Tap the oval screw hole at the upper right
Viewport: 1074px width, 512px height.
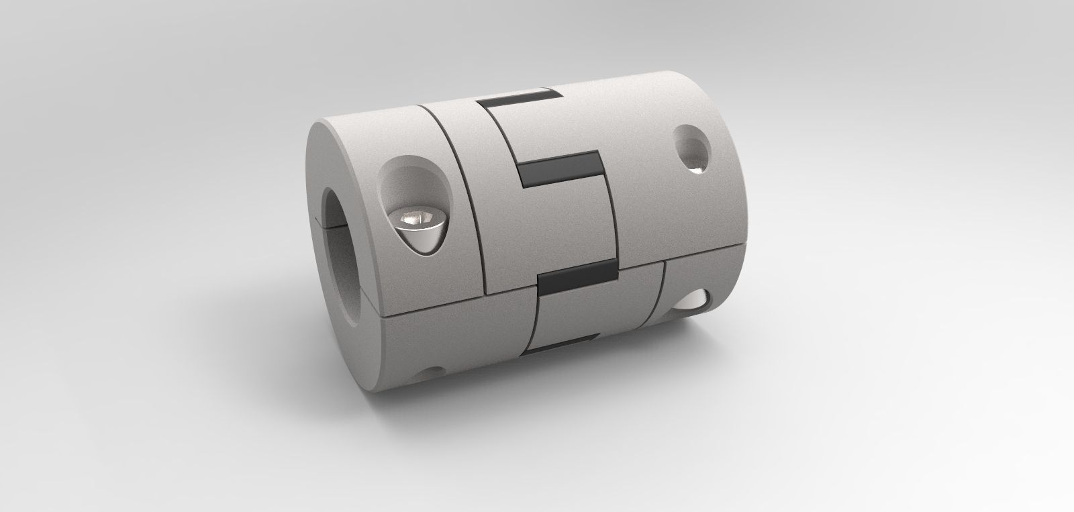[x=689, y=147]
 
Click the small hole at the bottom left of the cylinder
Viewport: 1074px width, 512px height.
[x=432, y=370]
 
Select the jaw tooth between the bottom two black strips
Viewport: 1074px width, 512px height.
[x=571, y=312]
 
